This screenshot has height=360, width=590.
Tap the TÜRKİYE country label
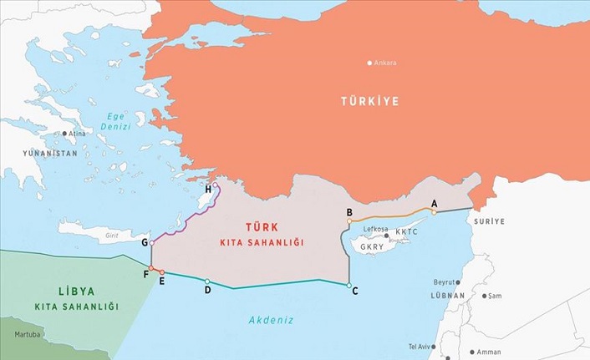point(369,101)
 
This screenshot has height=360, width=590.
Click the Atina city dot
point(64,133)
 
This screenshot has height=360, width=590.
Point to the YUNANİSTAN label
point(50,154)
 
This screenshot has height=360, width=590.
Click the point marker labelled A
point(434,211)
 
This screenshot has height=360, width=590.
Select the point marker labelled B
point(349,221)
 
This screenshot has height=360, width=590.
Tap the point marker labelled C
point(349,286)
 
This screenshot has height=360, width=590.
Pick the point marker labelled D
point(207,281)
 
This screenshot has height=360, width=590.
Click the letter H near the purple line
point(208,190)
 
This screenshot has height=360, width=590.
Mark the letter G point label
point(145,242)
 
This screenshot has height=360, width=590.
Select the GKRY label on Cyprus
point(373,246)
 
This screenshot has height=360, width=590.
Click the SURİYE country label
point(489,222)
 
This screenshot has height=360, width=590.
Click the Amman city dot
point(473,352)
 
